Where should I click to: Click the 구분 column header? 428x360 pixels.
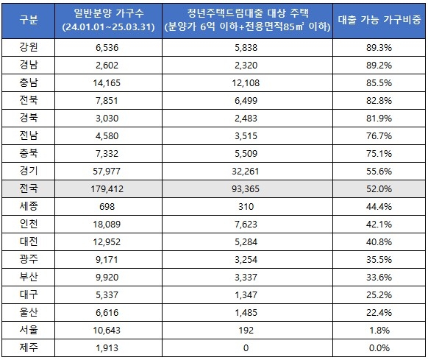tap(29, 20)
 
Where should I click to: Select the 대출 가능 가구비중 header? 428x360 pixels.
tap(379, 20)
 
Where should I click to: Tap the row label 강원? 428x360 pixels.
tap(29, 47)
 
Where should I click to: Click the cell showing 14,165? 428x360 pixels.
tap(107, 83)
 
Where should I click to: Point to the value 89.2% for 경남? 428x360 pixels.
tap(379, 65)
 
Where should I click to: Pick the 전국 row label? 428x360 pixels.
tap(29, 188)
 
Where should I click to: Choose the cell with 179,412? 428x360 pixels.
tap(107, 189)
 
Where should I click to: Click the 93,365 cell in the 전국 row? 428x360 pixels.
tap(246, 189)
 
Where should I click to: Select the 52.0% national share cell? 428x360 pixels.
tap(379, 189)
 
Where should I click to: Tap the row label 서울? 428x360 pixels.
tap(29, 330)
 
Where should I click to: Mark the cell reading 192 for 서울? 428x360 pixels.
tap(246, 331)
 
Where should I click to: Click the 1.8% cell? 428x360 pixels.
tap(379, 331)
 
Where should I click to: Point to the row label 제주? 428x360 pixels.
tap(29, 347)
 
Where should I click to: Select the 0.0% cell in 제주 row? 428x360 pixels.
tap(379, 348)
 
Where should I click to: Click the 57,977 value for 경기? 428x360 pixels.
tap(107, 171)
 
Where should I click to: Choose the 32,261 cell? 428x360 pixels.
tap(246, 171)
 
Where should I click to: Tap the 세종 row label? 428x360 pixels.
tap(29, 206)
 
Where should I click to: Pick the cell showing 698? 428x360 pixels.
tap(107, 207)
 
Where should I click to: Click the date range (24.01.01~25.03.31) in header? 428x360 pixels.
tap(108, 27)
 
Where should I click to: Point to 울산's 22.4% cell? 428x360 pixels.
tap(379, 312)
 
